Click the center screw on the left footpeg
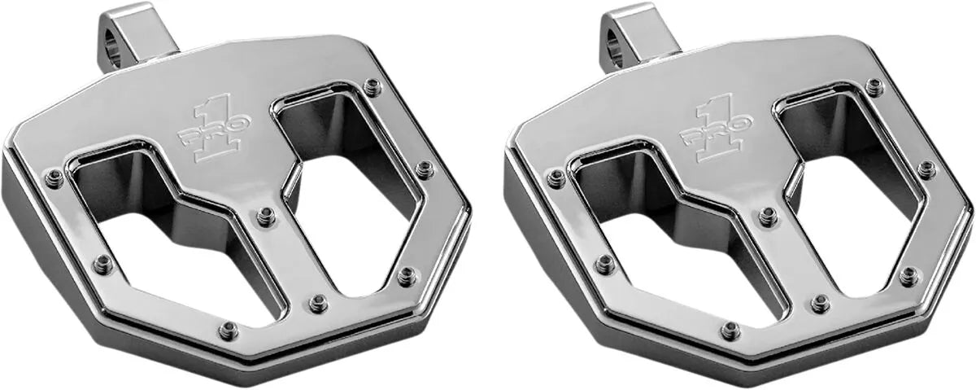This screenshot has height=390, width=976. tap(266, 217)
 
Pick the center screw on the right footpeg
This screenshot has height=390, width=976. tap(768, 217)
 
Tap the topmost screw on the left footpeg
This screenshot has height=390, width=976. tap(372, 86)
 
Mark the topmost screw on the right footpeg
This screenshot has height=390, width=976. tap(874, 86)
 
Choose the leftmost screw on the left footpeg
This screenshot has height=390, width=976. tap(54, 178)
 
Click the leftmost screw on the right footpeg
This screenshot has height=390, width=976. tap(556, 178)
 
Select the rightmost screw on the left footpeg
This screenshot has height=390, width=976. tap(424, 169)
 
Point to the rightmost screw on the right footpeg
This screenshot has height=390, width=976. tap(926, 169)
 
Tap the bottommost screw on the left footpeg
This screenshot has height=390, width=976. tap(229, 331)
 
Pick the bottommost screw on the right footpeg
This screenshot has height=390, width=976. tap(731, 331)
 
